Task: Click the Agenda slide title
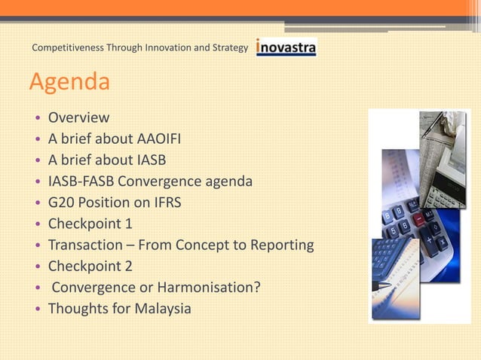tap(69, 82)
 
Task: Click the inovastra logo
tap(286, 48)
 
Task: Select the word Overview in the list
tap(78, 118)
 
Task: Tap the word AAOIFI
tap(159, 139)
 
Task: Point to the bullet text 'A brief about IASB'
tap(106, 160)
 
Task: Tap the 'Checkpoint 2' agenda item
tap(90, 266)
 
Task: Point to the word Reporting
tap(281, 245)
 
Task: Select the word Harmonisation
tap(207, 287)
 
